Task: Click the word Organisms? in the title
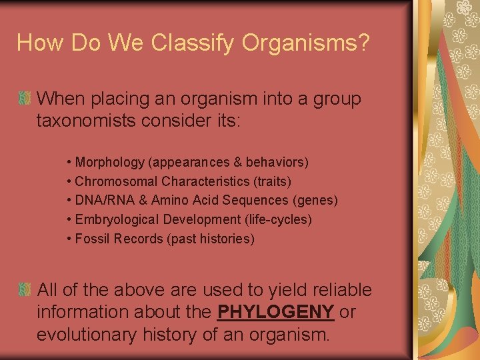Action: tap(306, 43)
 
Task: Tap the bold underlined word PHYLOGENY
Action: tap(276, 311)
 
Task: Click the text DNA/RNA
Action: tap(98, 200)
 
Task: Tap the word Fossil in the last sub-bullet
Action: tap(91, 239)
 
